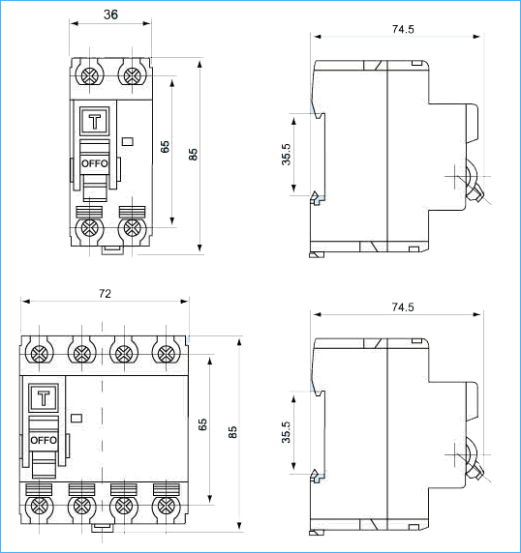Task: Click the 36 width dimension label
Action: click(110, 15)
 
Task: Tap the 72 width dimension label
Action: click(105, 294)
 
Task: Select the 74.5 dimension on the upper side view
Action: click(403, 29)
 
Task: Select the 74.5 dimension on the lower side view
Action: click(403, 307)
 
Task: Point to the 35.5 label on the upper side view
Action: click(286, 155)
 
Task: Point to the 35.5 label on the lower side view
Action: click(286, 432)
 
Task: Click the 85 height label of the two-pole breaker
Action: click(193, 155)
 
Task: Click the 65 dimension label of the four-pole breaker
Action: click(202, 424)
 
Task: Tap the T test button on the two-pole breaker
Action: click(94, 122)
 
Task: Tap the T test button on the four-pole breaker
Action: click(44, 398)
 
